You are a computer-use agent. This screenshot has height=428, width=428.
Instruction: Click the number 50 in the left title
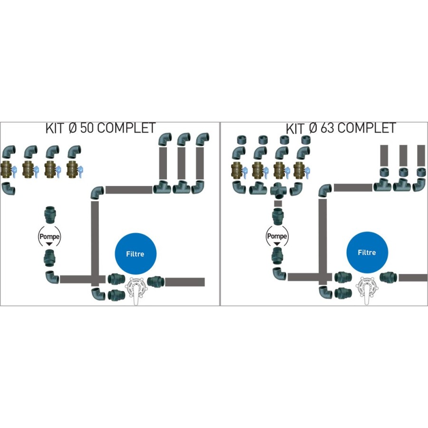coord(87,128)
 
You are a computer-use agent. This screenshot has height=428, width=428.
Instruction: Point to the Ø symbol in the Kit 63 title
coord(313,128)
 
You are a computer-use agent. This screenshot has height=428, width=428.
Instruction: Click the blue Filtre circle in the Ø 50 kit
coord(135,253)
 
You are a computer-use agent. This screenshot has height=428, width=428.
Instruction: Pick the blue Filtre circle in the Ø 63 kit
coord(366,253)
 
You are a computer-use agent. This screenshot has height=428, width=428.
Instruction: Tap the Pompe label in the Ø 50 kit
coord(50,235)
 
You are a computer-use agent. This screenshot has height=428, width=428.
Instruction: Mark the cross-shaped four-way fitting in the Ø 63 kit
coord(279,191)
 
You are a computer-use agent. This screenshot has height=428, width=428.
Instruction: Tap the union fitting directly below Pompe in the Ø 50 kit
coord(50,258)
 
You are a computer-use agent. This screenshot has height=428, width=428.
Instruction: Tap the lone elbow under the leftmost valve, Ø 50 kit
coord(9,189)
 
